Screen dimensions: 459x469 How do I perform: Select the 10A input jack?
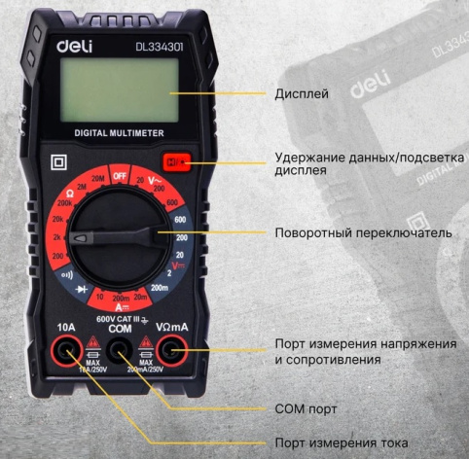click(65, 352)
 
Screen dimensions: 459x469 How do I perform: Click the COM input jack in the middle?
click(119, 352)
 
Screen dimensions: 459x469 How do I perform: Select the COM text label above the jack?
click(119, 329)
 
